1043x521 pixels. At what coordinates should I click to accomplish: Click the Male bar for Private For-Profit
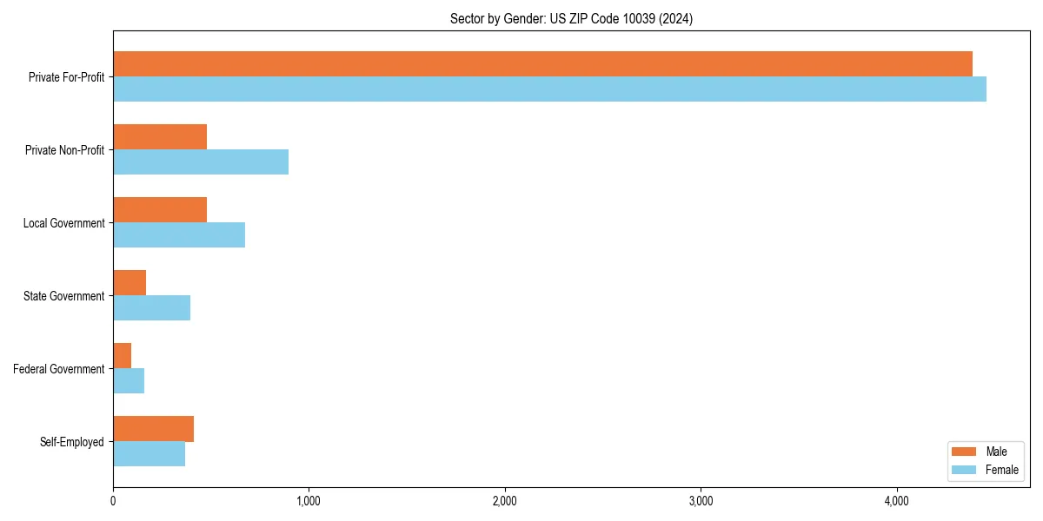pyautogui.click(x=542, y=64)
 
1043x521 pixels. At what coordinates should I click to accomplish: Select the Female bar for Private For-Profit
pyautogui.click(x=549, y=89)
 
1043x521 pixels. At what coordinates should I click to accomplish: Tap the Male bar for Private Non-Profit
pyautogui.click(x=160, y=137)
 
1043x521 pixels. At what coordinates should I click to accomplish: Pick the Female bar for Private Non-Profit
pyautogui.click(x=201, y=162)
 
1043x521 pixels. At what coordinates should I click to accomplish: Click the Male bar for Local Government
pyautogui.click(x=160, y=210)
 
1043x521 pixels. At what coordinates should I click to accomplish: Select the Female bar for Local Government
pyautogui.click(x=179, y=235)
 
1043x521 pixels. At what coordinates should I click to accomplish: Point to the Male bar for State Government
pyautogui.click(x=130, y=283)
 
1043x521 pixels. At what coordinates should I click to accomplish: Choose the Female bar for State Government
pyautogui.click(x=151, y=308)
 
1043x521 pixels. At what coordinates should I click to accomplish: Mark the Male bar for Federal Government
pyautogui.click(x=123, y=356)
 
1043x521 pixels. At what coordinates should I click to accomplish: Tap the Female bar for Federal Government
pyautogui.click(x=129, y=381)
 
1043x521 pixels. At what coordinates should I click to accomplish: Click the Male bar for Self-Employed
pyautogui.click(x=153, y=429)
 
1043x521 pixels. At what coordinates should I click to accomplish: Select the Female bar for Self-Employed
pyautogui.click(x=149, y=454)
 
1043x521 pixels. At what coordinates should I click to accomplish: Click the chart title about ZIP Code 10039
pyautogui.click(x=571, y=18)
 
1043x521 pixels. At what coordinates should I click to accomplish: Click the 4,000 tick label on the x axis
pyautogui.click(x=897, y=501)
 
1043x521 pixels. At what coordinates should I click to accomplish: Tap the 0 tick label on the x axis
pyautogui.click(x=113, y=501)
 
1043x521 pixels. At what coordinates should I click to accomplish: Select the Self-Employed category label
pyautogui.click(x=72, y=442)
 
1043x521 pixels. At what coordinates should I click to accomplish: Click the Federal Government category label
pyautogui.click(x=59, y=369)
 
